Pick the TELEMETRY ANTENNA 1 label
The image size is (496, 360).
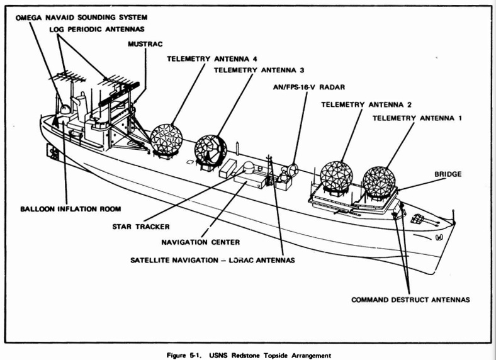[x=417, y=118]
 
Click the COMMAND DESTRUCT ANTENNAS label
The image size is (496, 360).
[x=410, y=300]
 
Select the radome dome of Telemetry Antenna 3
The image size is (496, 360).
[x=210, y=149]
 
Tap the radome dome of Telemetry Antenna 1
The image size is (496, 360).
[x=379, y=181]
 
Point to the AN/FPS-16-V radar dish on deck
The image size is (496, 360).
[x=290, y=171]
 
